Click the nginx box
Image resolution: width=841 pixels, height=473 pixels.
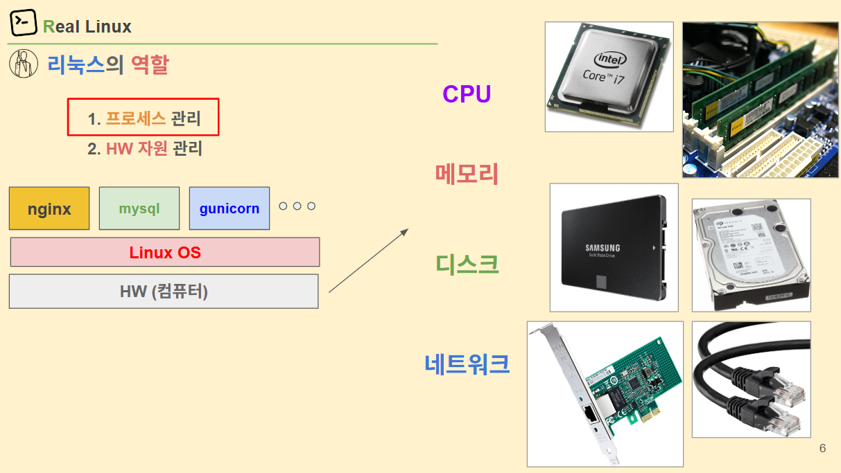pyautogui.click(x=49, y=208)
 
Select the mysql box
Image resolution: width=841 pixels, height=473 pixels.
pyautogui.click(x=139, y=208)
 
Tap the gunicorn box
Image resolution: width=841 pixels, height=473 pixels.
pyautogui.click(x=229, y=208)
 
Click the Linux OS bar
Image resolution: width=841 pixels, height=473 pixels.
pyautogui.click(x=165, y=252)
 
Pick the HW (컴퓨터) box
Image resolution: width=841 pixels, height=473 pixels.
pyautogui.click(x=164, y=292)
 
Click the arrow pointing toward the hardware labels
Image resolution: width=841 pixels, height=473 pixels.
pyautogui.click(x=368, y=261)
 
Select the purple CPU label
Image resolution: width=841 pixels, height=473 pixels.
pyautogui.click(x=467, y=94)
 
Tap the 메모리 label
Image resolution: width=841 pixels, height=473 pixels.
pyautogui.click(x=467, y=173)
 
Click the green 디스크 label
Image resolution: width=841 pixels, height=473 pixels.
pyautogui.click(x=467, y=264)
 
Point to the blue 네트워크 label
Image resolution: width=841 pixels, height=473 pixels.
pyautogui.click(x=467, y=364)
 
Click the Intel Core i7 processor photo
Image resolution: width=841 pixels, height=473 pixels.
pyautogui.click(x=609, y=77)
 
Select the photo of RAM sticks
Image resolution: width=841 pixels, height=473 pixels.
pyautogui.click(x=750, y=100)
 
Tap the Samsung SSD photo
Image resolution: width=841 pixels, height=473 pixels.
pyautogui.click(x=614, y=247)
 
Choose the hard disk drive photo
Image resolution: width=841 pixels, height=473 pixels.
pyautogui.click(x=751, y=255)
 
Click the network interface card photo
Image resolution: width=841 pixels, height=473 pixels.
pyautogui.click(x=605, y=393)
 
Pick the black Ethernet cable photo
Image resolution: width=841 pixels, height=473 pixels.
pyautogui.click(x=751, y=379)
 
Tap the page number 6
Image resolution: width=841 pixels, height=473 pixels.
pyautogui.click(x=822, y=449)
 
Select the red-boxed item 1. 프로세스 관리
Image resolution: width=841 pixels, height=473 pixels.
pyautogui.click(x=144, y=118)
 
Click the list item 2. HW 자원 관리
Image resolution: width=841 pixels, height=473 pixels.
pyautogui.click(x=144, y=149)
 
